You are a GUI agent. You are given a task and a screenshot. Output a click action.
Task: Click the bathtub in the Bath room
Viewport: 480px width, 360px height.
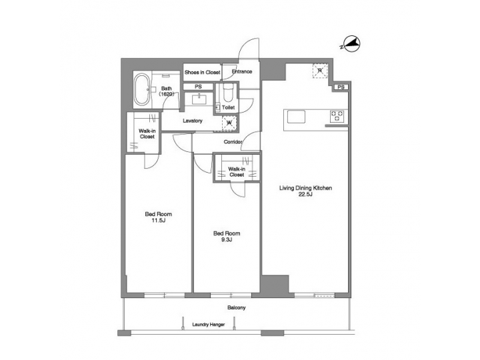click(x=143, y=90)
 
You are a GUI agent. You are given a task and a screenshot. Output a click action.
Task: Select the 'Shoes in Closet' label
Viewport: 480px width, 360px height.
click(x=202, y=72)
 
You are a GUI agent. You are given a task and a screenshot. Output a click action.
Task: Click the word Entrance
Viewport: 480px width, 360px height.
click(x=241, y=72)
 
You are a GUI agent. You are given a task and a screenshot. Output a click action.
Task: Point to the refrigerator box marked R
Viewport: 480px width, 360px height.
click(x=320, y=71)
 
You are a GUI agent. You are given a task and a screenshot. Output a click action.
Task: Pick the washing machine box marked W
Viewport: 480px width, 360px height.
click(x=229, y=122)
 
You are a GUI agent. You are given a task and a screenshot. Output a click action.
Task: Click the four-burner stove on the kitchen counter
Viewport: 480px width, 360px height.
click(x=337, y=117)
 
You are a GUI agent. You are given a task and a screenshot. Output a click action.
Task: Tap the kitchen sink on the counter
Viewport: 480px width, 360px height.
click(x=296, y=117)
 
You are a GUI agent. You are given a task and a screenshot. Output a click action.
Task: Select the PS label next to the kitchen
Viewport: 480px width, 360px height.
click(x=341, y=87)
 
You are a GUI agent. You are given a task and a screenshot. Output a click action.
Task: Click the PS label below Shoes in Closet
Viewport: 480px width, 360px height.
click(x=198, y=87)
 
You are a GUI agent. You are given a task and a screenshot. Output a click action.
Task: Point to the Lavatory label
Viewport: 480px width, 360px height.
click(x=193, y=121)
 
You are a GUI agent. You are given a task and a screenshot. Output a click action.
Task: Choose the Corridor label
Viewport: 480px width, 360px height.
click(x=232, y=142)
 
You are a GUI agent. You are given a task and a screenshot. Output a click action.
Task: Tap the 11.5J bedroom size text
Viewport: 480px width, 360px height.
click(x=159, y=221)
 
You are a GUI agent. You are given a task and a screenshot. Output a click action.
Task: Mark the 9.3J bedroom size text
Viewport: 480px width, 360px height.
click(x=226, y=240)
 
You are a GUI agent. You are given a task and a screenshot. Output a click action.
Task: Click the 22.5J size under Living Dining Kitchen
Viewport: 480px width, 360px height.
click(x=305, y=195)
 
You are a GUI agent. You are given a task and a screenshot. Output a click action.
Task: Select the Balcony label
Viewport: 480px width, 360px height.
click(x=236, y=307)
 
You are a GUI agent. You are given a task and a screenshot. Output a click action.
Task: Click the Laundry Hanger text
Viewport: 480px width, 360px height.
click(x=208, y=325)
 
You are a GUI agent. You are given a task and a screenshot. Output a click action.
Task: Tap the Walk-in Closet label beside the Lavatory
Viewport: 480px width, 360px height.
click(x=147, y=133)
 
